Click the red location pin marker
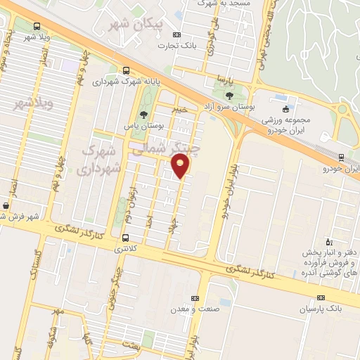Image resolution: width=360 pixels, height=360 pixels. click(x=182, y=167)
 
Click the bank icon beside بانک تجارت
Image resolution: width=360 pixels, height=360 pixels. click(x=176, y=34)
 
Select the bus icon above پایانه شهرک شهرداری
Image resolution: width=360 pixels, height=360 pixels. click(x=126, y=70)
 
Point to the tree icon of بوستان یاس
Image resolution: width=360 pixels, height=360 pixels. click(x=144, y=115)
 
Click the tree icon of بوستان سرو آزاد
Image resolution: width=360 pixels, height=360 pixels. click(x=230, y=95)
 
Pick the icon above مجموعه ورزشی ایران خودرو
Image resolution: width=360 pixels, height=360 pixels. click(x=285, y=109)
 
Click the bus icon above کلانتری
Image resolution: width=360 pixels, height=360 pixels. click(x=126, y=237)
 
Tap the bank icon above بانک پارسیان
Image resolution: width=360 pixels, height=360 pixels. click(x=321, y=297)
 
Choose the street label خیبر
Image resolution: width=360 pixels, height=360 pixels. click(x=181, y=110)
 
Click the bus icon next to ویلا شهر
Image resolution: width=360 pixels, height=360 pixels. click(x=36, y=27)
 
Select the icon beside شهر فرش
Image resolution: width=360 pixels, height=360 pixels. click(x=6, y=205)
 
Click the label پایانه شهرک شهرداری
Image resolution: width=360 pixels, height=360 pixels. click(x=118, y=82)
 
